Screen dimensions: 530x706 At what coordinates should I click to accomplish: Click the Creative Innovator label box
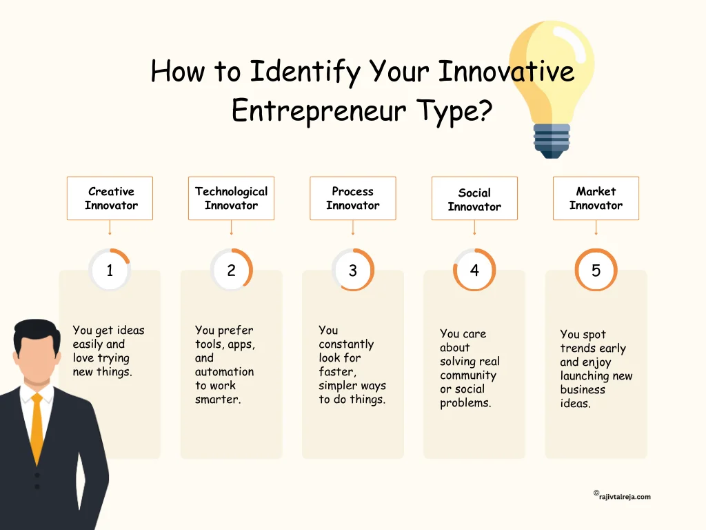(x=110, y=198)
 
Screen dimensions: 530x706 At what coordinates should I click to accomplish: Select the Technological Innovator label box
(x=231, y=198)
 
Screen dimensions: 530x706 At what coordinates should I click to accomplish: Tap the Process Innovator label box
(x=352, y=198)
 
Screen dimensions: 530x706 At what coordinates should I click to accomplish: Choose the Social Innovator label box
(x=474, y=199)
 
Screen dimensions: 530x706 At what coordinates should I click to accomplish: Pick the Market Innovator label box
(x=596, y=198)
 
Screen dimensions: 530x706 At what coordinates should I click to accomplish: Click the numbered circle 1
(x=110, y=271)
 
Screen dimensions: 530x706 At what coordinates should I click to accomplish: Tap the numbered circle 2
(x=231, y=271)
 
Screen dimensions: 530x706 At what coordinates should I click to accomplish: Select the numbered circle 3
(x=353, y=271)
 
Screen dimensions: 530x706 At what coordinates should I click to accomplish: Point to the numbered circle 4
(x=474, y=271)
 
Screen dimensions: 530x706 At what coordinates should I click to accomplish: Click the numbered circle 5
(x=596, y=271)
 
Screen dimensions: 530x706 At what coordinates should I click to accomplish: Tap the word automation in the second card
(x=224, y=372)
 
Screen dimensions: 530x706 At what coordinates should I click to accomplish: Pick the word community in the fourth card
(x=468, y=375)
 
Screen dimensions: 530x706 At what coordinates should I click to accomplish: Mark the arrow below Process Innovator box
(x=353, y=231)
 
